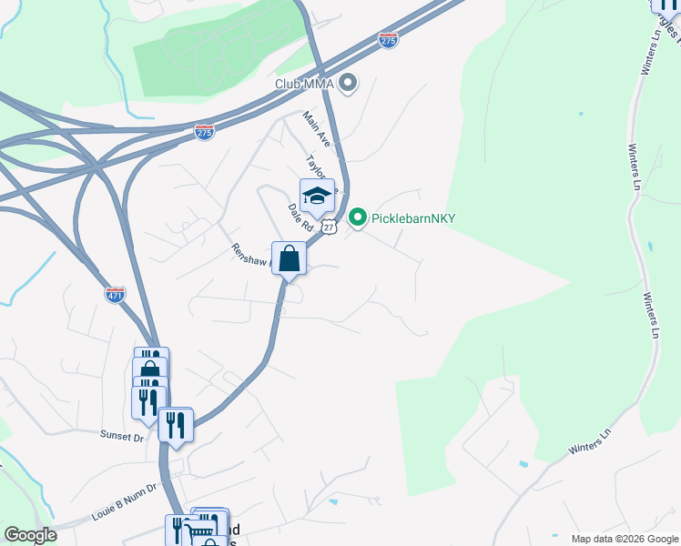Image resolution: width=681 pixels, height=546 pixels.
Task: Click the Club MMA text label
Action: (304, 85)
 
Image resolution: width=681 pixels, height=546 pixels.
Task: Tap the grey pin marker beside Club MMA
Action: (347, 85)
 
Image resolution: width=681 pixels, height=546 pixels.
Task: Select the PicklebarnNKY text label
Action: (413, 218)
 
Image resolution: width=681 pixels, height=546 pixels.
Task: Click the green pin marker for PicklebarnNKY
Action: (358, 217)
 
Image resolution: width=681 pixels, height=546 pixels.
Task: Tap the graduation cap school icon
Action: (317, 196)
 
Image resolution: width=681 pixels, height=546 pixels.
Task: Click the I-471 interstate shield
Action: (116, 294)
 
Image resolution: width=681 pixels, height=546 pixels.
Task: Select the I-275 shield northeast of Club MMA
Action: (388, 40)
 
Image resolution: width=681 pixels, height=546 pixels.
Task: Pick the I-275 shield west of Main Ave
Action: (204, 132)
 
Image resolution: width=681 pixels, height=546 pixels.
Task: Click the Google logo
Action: (30, 535)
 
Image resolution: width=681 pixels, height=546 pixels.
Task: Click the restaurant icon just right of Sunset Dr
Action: (175, 425)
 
